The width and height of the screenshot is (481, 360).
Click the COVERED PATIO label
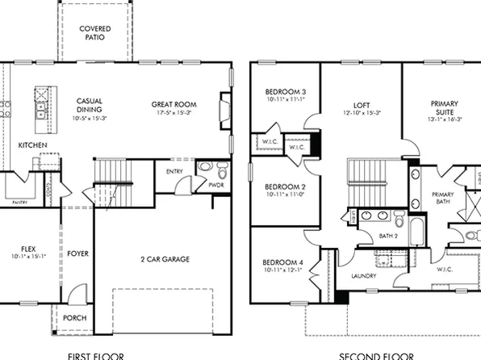pyautogui.click(x=94, y=33)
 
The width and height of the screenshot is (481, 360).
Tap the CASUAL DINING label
pyautogui.click(x=90, y=105)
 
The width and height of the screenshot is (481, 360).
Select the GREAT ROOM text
pyautogui.click(x=174, y=104)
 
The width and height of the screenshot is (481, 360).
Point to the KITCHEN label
pyautogui.click(x=32, y=145)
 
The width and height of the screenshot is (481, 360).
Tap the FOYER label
pyautogui.click(x=78, y=253)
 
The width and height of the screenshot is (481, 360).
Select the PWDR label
pyautogui.click(x=215, y=185)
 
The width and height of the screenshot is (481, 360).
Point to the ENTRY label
pyautogui.click(x=174, y=171)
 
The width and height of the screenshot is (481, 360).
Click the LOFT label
pyautogui.click(x=362, y=105)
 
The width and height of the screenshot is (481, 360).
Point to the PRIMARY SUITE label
pyautogui.click(x=443, y=109)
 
